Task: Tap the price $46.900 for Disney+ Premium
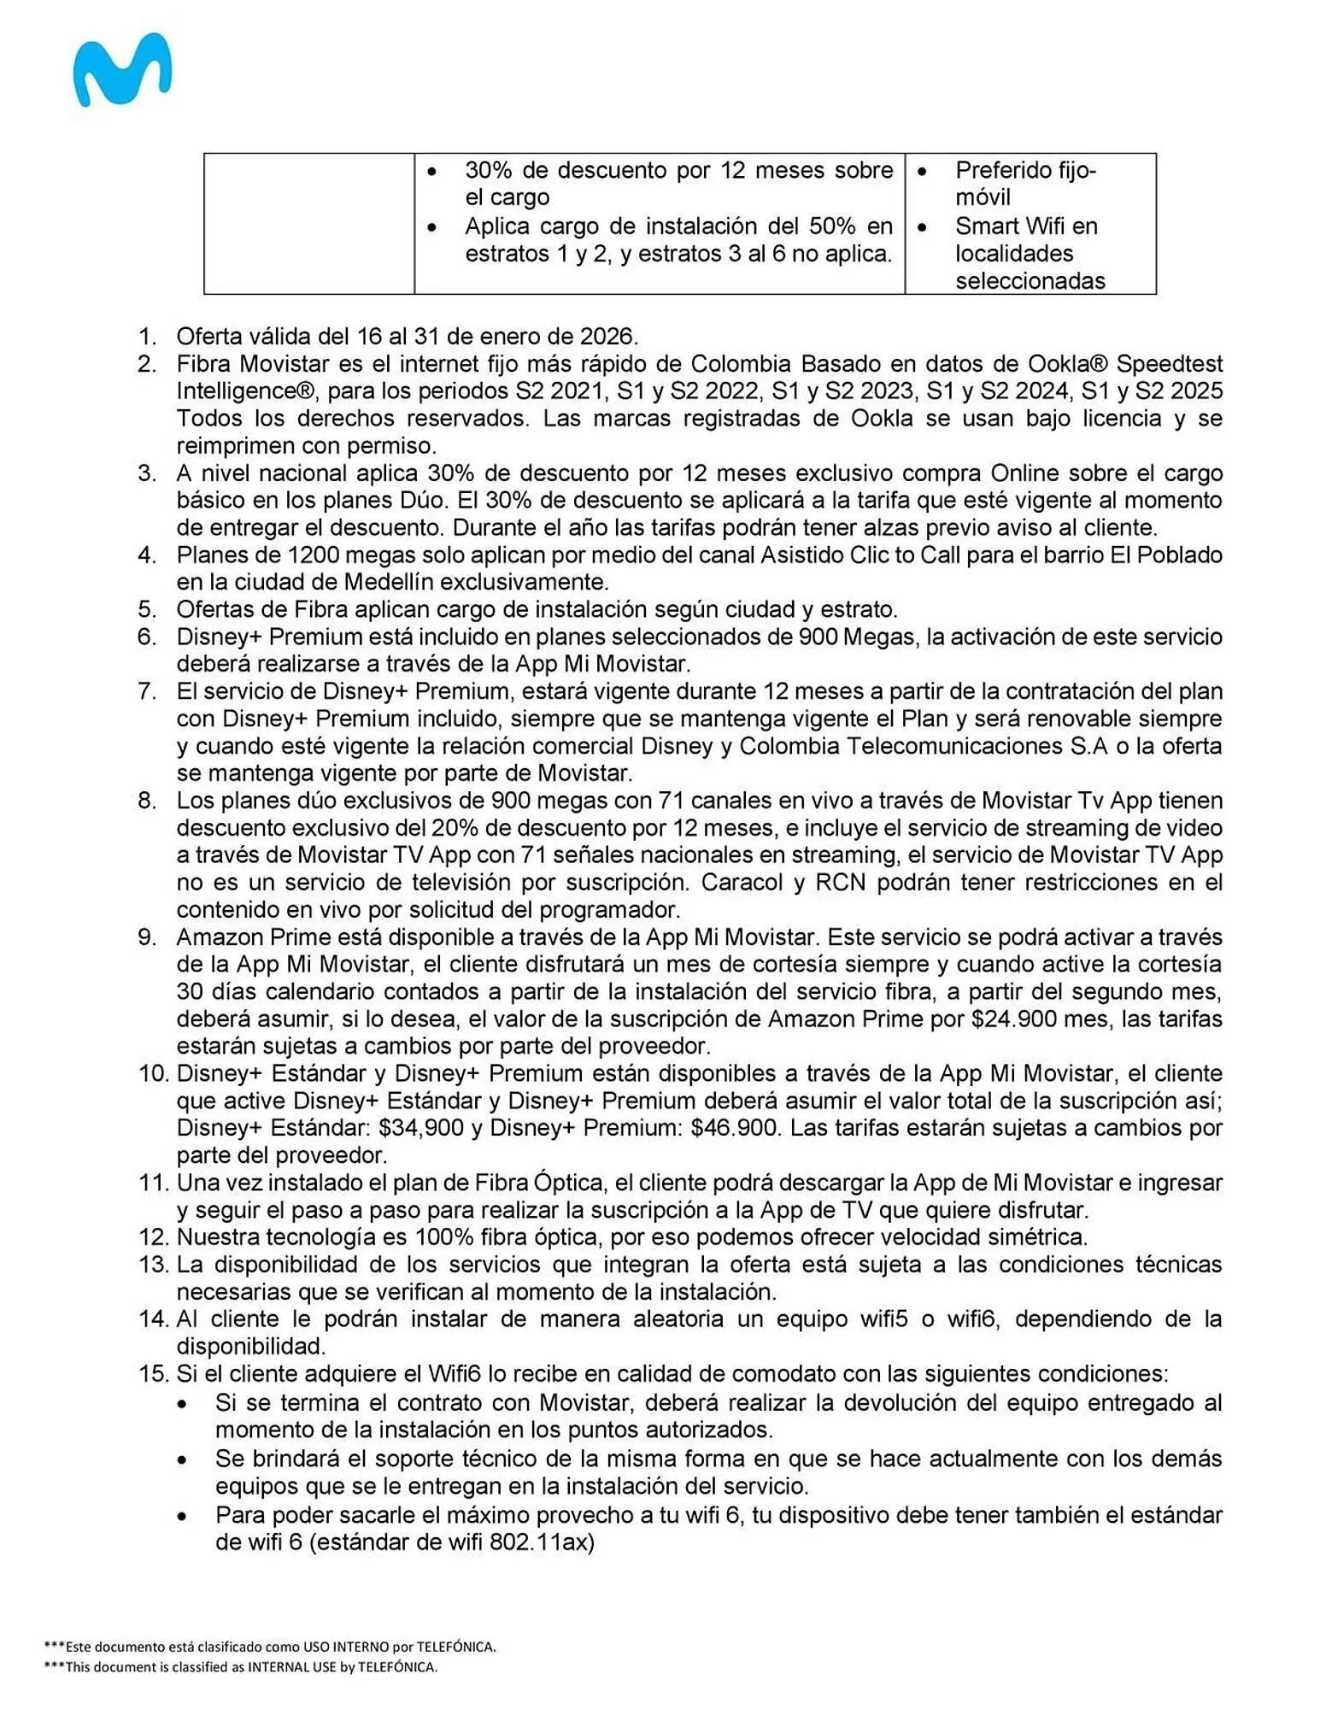(735, 1128)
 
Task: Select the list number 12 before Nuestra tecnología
(155, 1236)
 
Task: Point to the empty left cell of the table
(309, 224)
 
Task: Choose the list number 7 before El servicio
(148, 691)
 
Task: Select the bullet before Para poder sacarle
(182, 1517)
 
